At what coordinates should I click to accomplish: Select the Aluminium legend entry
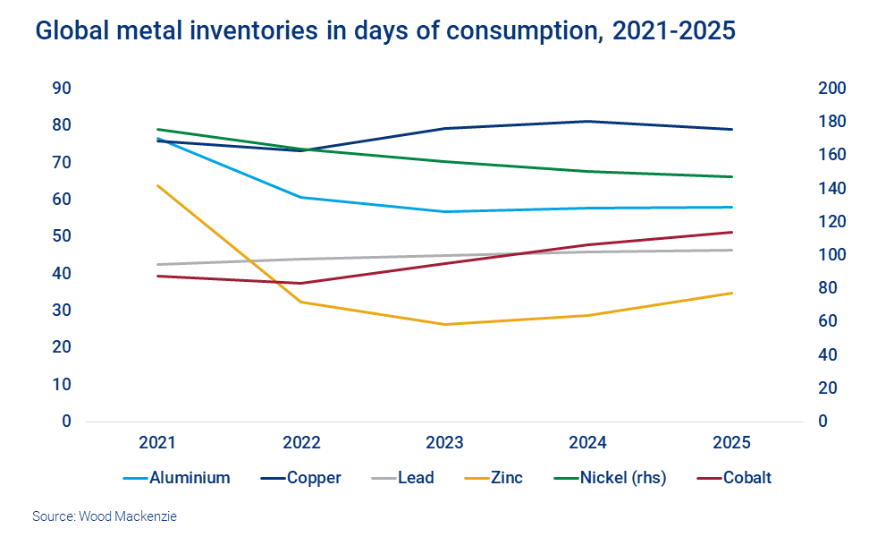tap(177, 478)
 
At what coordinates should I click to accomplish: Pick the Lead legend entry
tap(416, 478)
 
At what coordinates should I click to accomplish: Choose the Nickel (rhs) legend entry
tap(622, 478)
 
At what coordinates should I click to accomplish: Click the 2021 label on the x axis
tap(157, 443)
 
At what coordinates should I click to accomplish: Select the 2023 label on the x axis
tap(444, 443)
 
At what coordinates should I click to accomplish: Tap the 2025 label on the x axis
tap(732, 443)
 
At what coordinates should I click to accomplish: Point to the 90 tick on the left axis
tap(63, 89)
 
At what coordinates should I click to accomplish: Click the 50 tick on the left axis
tap(63, 236)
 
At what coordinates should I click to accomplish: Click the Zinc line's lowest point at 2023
tap(444, 324)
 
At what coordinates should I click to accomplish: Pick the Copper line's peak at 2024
tap(588, 121)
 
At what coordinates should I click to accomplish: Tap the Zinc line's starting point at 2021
tap(157, 185)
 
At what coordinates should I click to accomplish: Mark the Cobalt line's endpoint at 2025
tap(732, 232)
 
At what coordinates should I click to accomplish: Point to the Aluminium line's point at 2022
tap(301, 197)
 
